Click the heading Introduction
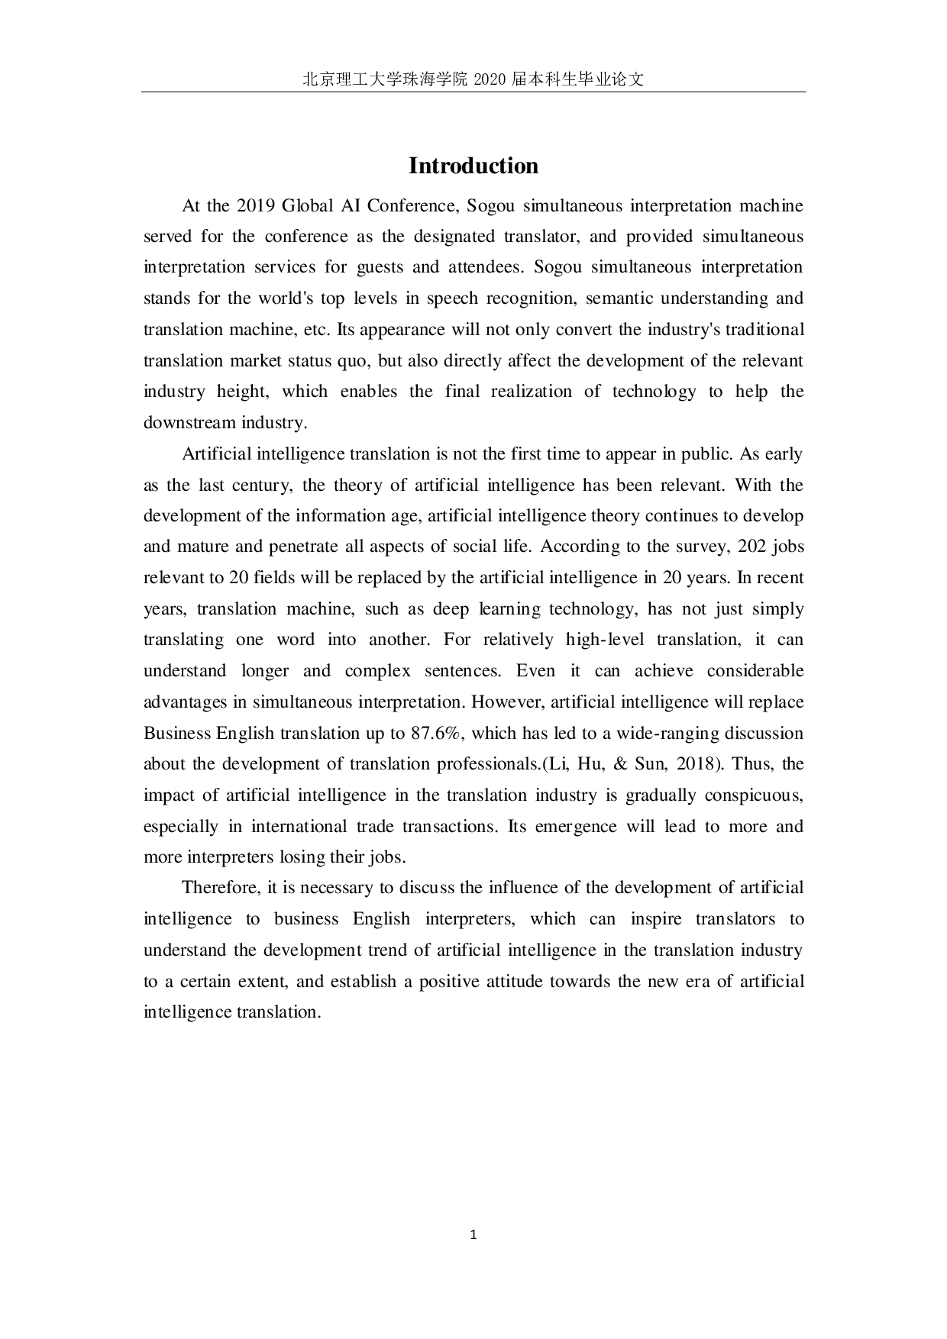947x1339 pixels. (x=473, y=166)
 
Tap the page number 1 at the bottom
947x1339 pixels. (x=473, y=1234)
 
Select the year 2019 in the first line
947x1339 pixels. (x=256, y=205)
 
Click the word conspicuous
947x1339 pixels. (x=753, y=795)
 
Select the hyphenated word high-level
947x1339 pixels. (x=605, y=640)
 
